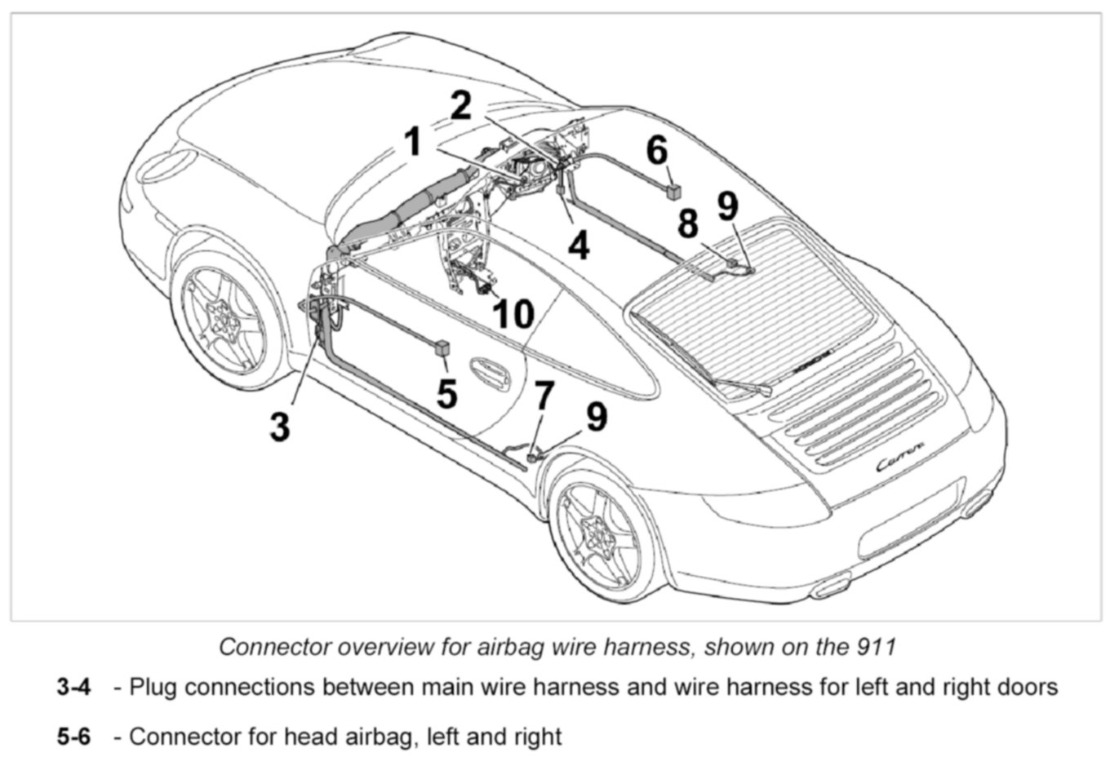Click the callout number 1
click(x=414, y=142)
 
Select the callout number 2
click(x=460, y=105)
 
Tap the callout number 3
click(x=280, y=426)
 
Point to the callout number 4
click(x=579, y=245)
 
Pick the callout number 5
click(x=446, y=393)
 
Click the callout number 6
click(x=656, y=151)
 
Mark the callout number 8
click(x=688, y=224)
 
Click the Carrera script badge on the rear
click(x=900, y=461)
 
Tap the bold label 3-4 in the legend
click(x=73, y=687)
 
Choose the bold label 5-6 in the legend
click(x=73, y=737)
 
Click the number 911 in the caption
click(x=877, y=647)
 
